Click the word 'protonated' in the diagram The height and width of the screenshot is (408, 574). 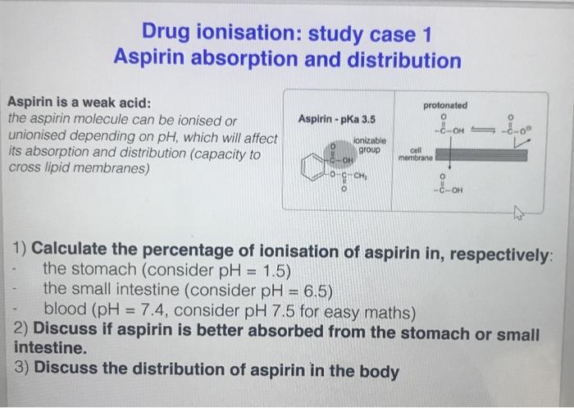pyautogui.click(x=447, y=106)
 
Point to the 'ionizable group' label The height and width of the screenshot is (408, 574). pyautogui.click(x=364, y=145)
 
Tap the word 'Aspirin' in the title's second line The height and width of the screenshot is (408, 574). pyautogui.click(x=156, y=60)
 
